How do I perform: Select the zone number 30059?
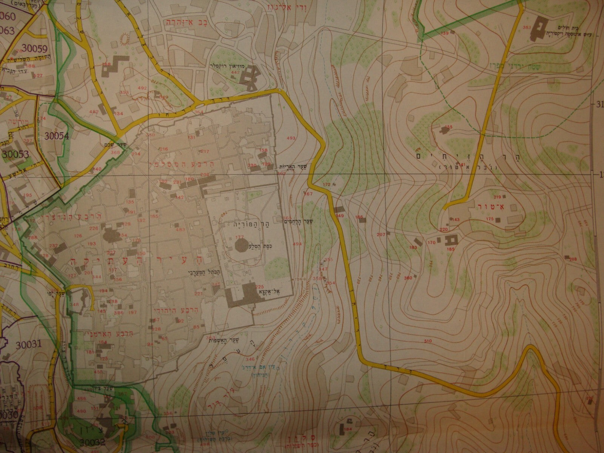coord(34,48)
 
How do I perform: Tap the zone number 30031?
coord(28,344)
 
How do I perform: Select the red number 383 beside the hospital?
coord(527,27)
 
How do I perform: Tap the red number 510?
coord(428,341)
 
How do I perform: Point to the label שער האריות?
coord(288,166)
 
